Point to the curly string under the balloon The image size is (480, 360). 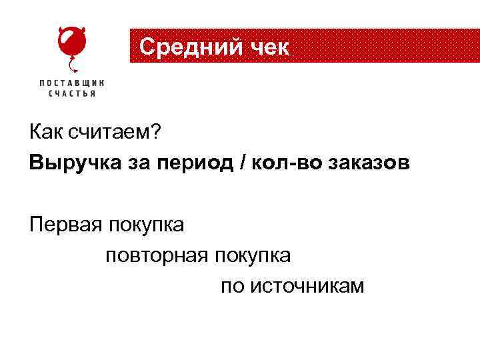coord(73,65)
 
